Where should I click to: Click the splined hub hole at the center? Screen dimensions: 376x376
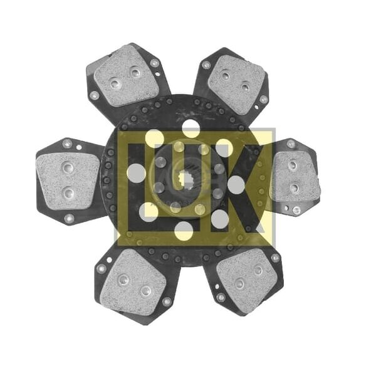pos(186,180)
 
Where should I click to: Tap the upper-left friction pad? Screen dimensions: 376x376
pos(127,76)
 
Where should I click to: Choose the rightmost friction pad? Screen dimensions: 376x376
pos(295,177)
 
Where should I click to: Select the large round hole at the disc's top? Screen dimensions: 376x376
pos(191,128)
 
